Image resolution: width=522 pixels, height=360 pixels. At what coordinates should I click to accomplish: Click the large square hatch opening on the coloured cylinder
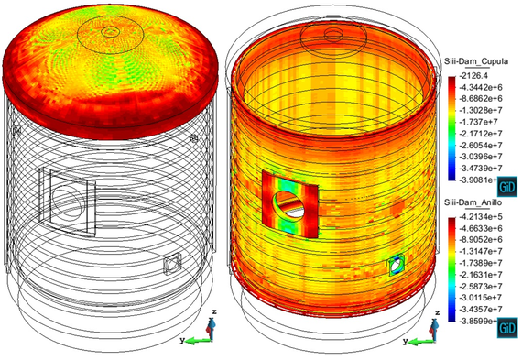point(289,201)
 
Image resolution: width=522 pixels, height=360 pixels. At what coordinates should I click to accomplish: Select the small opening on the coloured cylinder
point(396,266)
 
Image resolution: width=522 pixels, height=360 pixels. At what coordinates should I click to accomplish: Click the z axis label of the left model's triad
point(212,312)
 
